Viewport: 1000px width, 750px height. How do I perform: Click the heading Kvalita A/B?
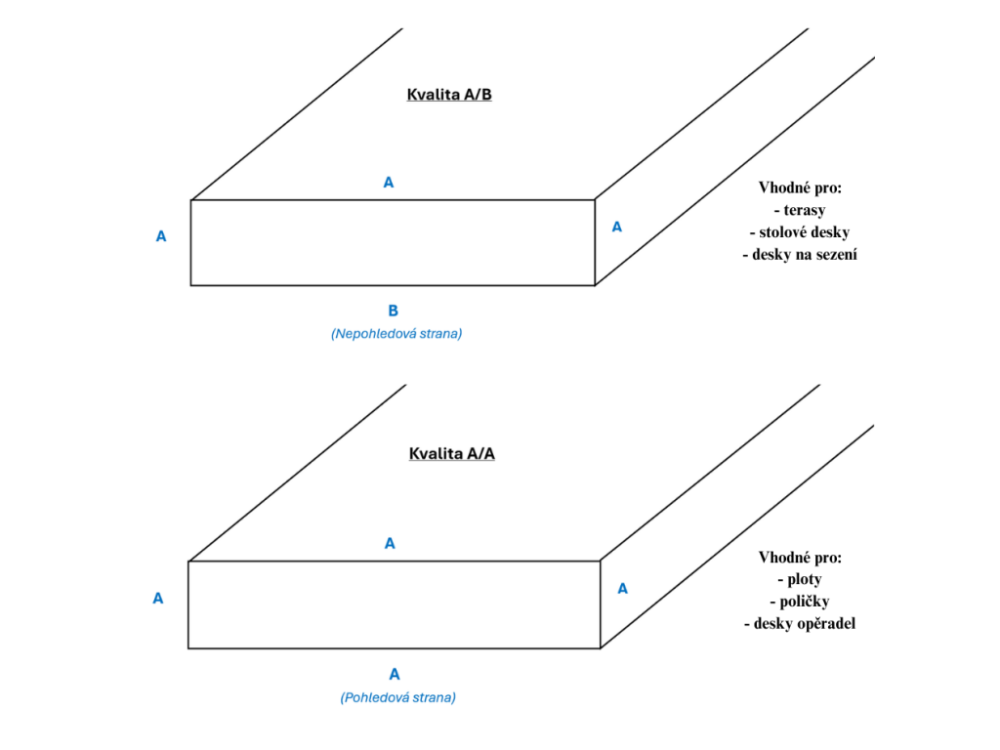tap(449, 95)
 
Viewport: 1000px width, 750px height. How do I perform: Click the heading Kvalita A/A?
tap(451, 453)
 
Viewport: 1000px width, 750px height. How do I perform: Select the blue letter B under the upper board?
tap(393, 311)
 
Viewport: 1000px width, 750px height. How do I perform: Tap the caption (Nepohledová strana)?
tap(396, 334)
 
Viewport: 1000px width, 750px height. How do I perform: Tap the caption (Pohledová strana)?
tap(398, 697)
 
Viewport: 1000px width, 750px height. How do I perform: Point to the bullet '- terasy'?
tap(800, 210)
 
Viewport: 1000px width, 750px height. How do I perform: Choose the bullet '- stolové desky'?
tap(800, 232)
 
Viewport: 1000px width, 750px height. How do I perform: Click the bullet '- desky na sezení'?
tap(800, 255)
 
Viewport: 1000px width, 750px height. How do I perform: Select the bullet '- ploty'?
tap(800, 579)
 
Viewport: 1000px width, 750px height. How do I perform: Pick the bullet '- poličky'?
tap(800, 602)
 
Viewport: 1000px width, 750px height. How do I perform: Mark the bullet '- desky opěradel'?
tap(800, 624)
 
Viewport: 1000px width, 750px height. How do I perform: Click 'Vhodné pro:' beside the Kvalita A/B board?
tap(800, 187)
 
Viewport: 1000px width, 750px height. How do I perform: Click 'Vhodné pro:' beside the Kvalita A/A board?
tap(800, 558)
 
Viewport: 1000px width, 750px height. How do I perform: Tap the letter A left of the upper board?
tap(161, 236)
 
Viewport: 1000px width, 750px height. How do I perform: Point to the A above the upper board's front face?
tap(389, 183)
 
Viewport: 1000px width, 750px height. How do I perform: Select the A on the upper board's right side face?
tap(617, 227)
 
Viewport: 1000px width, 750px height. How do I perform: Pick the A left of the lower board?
tap(157, 599)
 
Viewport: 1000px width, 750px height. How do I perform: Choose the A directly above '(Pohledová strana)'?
tap(395, 674)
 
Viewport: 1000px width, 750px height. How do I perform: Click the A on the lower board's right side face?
tap(622, 589)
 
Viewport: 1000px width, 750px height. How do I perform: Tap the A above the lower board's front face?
tap(390, 543)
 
